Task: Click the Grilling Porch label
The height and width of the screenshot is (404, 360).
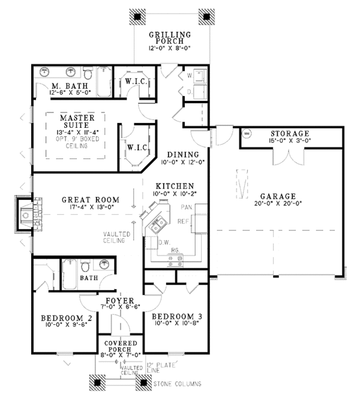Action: [170, 38]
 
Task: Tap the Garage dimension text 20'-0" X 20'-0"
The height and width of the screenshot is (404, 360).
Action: [278, 204]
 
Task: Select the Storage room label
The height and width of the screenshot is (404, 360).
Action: [290, 133]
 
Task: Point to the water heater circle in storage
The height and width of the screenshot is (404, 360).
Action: [247, 133]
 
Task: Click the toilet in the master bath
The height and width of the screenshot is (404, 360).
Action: [88, 73]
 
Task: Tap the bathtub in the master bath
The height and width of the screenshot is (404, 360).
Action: [104, 82]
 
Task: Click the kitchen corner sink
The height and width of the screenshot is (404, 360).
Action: [157, 225]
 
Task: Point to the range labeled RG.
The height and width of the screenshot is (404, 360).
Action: [175, 260]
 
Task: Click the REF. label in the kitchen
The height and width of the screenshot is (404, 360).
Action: [184, 222]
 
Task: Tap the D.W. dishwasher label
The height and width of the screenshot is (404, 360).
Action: [164, 243]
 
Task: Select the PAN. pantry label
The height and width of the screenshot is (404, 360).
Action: [187, 207]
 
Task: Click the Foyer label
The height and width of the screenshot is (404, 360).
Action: [120, 301]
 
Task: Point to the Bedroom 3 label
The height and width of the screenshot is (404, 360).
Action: [177, 316]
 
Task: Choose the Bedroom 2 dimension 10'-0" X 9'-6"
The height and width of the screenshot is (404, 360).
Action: [67, 325]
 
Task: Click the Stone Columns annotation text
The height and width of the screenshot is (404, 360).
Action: [178, 384]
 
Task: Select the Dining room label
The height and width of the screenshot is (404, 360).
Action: [183, 155]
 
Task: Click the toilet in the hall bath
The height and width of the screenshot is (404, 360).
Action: [85, 266]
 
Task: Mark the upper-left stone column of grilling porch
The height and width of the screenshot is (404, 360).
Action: [137, 17]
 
